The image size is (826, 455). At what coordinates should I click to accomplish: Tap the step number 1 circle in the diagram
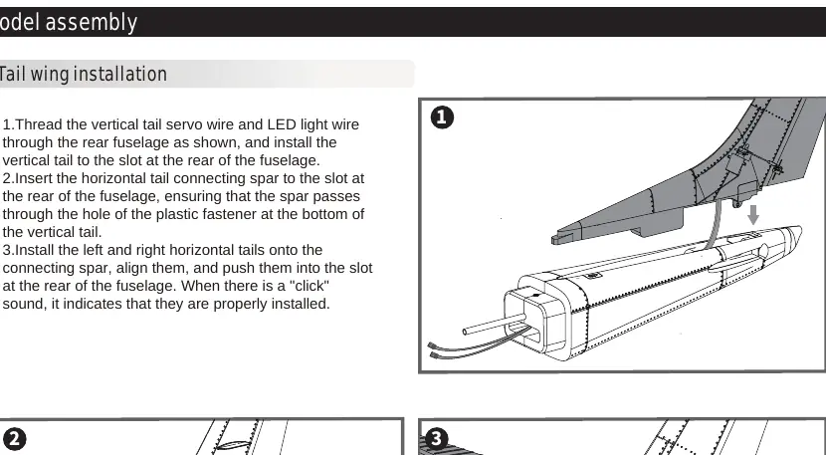point(442,117)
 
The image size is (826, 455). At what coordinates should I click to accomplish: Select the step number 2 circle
point(14,439)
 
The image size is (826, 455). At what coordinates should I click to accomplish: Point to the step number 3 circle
point(436,439)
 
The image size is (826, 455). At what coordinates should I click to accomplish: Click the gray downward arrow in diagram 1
point(753,215)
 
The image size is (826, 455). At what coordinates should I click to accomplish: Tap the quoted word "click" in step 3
point(310,286)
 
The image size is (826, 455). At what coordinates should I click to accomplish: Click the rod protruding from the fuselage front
point(495,324)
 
